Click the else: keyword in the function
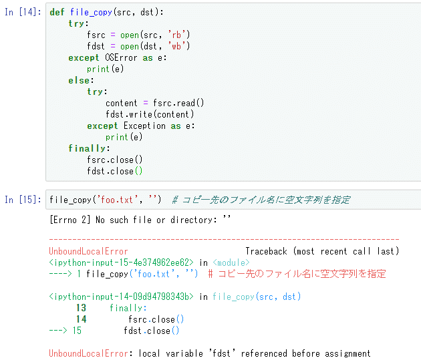click(81, 80)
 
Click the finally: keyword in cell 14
click(88, 148)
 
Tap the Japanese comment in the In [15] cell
click(261, 200)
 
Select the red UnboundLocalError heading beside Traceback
click(88, 251)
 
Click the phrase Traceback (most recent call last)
click(321, 251)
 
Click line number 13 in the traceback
click(81, 308)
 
